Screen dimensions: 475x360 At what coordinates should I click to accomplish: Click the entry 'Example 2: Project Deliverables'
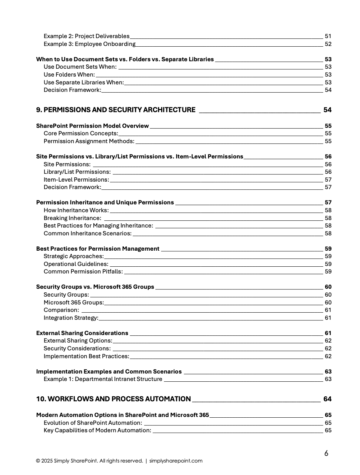[x=87, y=36]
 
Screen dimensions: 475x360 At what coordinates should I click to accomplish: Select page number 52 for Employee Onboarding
[x=328, y=44]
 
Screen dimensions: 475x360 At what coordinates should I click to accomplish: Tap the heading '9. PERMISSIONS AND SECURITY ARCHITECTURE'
[x=116, y=110]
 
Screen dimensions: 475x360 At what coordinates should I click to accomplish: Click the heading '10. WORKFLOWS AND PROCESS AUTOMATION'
[x=113, y=399]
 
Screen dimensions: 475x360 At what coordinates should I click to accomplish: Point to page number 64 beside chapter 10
[x=327, y=399]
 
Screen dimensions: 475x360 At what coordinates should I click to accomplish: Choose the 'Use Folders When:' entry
[x=69, y=75]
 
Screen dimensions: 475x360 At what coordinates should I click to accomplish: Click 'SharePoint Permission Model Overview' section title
[x=92, y=126]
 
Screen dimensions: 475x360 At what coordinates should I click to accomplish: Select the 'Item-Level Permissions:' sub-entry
[x=76, y=180]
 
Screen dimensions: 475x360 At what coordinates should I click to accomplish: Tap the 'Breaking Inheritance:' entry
[x=72, y=218]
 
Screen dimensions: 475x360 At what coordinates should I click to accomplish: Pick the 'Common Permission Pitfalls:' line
[x=83, y=272]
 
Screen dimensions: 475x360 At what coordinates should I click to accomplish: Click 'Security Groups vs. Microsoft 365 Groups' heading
[x=95, y=287]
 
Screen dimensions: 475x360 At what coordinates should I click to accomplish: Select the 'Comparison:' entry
[x=61, y=310]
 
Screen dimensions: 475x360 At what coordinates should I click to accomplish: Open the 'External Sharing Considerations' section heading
[x=82, y=333]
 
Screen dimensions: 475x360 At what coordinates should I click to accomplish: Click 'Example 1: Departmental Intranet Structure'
[x=103, y=379]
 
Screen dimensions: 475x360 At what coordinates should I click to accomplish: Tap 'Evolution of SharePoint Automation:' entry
[x=93, y=423]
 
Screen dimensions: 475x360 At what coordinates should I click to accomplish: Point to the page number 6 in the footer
[x=326, y=453]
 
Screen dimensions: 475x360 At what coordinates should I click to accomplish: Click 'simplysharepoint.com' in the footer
[x=176, y=461]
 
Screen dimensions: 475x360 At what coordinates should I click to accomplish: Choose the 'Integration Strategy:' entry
[x=71, y=318]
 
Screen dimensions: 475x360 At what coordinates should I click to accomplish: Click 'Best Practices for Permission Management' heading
[x=98, y=249]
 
